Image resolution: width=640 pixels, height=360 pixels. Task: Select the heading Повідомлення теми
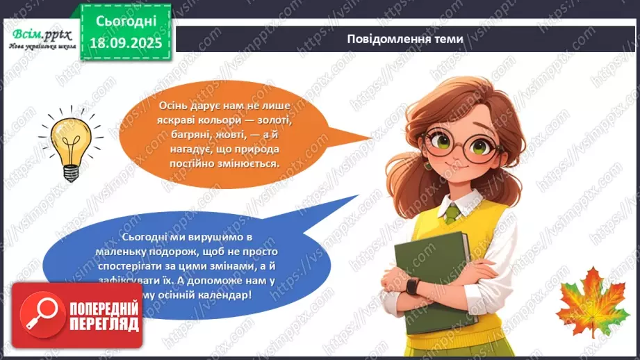point(405,39)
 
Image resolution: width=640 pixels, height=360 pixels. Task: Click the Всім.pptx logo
point(37,36)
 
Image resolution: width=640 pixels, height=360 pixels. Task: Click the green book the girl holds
point(430,278)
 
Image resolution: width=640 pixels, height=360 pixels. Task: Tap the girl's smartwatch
point(413,286)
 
